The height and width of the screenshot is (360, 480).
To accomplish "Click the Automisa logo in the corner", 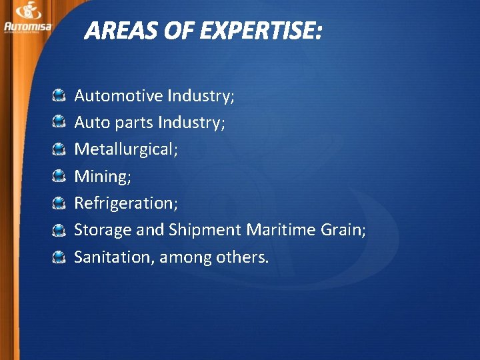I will [x=27, y=17].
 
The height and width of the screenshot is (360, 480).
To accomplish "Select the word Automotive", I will [x=119, y=96].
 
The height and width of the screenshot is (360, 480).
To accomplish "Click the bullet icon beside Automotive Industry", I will [x=59, y=96].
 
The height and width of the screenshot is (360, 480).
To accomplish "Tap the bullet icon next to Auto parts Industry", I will [x=59, y=123].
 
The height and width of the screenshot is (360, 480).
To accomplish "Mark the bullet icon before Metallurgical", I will [x=59, y=149].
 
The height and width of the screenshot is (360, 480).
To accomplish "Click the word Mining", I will [x=99, y=177].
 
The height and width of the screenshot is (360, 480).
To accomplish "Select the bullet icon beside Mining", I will [x=59, y=176].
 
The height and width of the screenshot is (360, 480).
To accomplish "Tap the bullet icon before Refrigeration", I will [x=59, y=203].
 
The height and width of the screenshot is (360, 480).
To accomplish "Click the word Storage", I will [x=103, y=230].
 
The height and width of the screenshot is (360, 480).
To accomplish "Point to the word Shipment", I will [x=205, y=230].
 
